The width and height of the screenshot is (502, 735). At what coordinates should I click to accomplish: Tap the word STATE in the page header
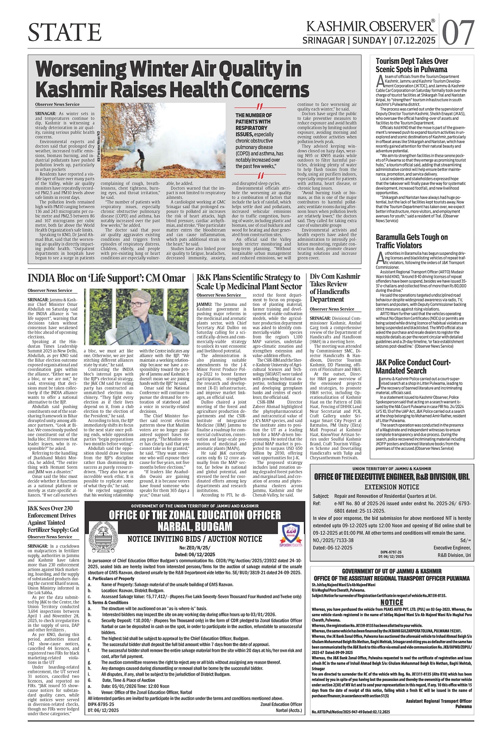[64, 32]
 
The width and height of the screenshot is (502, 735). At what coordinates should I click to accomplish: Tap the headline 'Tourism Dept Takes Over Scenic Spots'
[405, 65]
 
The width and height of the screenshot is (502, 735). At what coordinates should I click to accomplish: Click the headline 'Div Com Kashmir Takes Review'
[335, 288]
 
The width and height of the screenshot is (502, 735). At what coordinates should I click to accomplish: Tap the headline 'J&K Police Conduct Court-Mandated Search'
[413, 367]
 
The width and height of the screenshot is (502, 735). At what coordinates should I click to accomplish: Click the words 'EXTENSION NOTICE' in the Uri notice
[391, 487]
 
